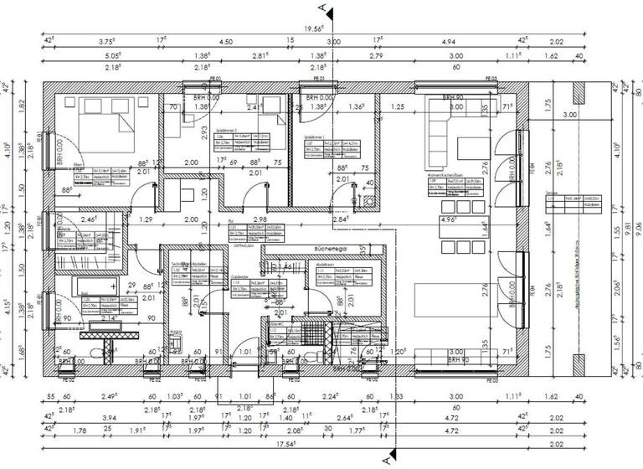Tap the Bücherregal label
click(x=332, y=250)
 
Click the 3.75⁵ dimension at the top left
click(x=107, y=41)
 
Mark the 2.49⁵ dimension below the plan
click(x=107, y=397)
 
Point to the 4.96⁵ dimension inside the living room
click(x=449, y=220)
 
